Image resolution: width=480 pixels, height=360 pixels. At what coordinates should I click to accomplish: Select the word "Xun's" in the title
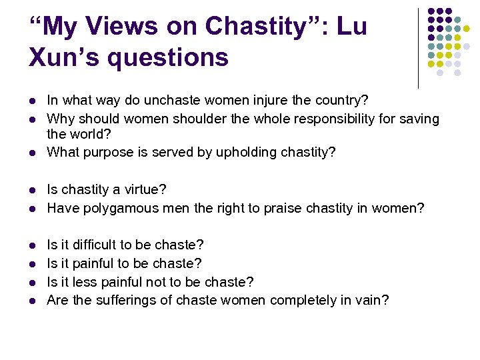click(60, 57)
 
